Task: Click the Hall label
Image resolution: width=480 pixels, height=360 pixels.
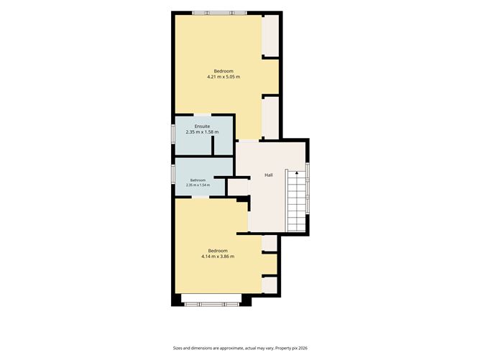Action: pyautogui.click(x=269, y=175)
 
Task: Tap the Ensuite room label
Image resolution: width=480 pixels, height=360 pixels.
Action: pyautogui.click(x=202, y=126)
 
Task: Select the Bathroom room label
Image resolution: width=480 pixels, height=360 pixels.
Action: pyautogui.click(x=198, y=180)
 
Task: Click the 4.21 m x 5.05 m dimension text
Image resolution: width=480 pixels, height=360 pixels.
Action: pyautogui.click(x=223, y=77)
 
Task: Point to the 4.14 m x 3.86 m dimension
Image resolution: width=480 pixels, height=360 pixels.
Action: pyautogui.click(x=218, y=257)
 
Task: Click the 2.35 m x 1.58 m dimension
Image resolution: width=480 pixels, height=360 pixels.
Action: pyautogui.click(x=202, y=132)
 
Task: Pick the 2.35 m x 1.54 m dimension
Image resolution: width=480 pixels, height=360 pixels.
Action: pyautogui.click(x=198, y=185)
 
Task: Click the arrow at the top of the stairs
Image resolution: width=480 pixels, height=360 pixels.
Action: pyautogui.click(x=297, y=173)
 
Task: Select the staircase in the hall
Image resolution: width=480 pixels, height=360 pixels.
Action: pyautogui.click(x=296, y=200)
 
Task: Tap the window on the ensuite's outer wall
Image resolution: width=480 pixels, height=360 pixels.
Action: pyautogui.click(x=173, y=134)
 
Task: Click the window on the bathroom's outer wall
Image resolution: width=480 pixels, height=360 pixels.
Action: pyautogui.click(x=173, y=174)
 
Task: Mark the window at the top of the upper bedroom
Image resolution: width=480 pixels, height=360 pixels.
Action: pyautogui.click(x=219, y=13)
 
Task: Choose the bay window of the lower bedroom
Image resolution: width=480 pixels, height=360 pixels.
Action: pyautogui.click(x=212, y=304)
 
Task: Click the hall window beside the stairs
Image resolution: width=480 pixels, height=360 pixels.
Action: pyautogui.click(x=308, y=188)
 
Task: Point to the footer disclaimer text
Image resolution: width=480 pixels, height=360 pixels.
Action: pyautogui.click(x=240, y=348)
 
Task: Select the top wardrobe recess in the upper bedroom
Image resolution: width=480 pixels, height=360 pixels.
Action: pyautogui.click(x=271, y=35)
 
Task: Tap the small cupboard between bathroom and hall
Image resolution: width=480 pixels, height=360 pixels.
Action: pyautogui.click(x=238, y=188)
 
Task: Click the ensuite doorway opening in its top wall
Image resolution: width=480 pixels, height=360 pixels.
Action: pyautogui.click(x=203, y=115)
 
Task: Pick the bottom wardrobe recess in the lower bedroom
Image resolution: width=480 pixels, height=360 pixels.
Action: pyautogui.click(x=269, y=285)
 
